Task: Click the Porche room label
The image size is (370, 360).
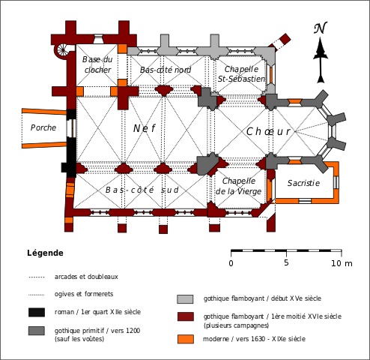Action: click(x=43, y=127)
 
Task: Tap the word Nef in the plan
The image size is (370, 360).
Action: click(x=145, y=128)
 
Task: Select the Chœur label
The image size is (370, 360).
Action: click(x=268, y=131)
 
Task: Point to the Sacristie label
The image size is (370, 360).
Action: click(x=303, y=183)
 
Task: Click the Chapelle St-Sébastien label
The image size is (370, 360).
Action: click(x=241, y=74)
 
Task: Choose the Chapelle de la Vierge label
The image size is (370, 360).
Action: click(x=238, y=186)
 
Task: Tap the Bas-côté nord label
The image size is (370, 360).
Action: click(x=166, y=70)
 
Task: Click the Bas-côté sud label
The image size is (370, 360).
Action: click(x=142, y=190)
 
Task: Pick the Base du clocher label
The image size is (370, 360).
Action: click(x=97, y=64)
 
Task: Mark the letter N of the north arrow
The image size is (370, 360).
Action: click(x=321, y=28)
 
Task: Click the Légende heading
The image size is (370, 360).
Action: click(x=45, y=253)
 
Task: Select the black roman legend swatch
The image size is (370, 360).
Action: click(x=37, y=313)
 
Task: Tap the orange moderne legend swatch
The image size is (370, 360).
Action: click(x=186, y=339)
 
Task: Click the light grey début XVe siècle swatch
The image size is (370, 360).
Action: click(x=185, y=299)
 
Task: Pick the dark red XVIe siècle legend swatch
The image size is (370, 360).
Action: click(x=186, y=316)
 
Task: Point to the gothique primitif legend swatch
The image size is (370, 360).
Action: click(x=37, y=331)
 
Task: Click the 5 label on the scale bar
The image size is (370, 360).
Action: click(x=286, y=262)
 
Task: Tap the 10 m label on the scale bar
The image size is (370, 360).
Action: click(x=342, y=263)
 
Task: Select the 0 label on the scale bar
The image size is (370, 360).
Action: click(x=231, y=263)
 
